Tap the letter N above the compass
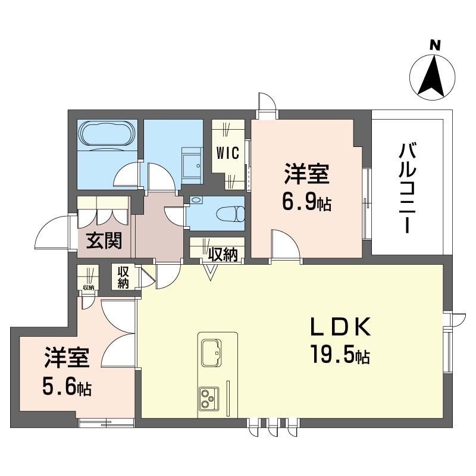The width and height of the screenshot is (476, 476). [x=434, y=44]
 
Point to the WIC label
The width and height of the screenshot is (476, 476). [x=227, y=153]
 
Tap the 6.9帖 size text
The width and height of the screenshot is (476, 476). [x=307, y=203]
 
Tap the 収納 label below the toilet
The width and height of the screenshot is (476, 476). [x=223, y=254]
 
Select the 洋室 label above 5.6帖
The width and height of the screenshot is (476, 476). [x=67, y=360]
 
